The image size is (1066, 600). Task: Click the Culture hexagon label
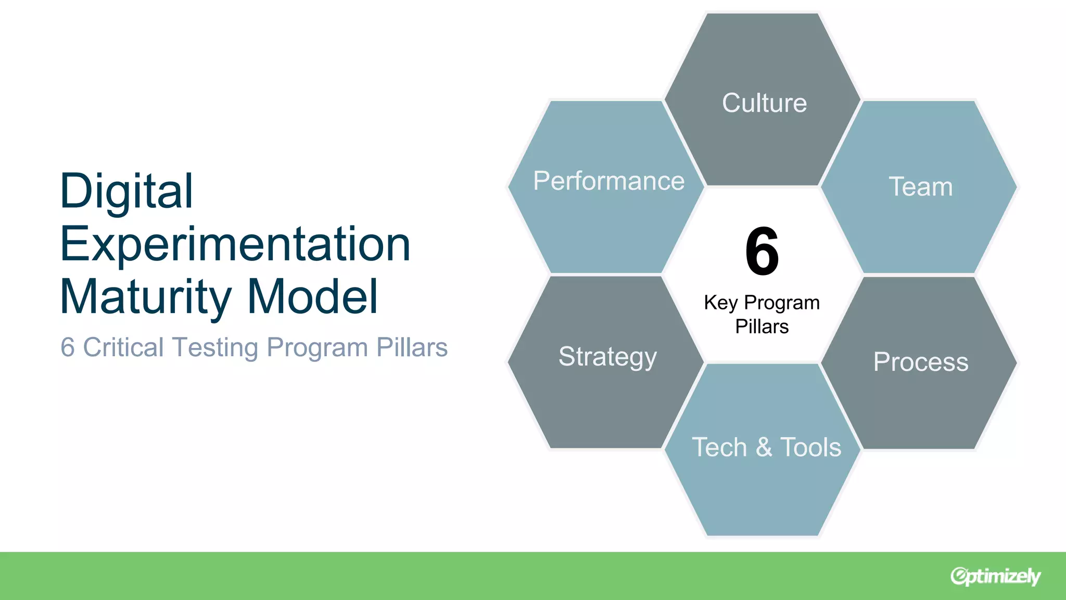click(764, 103)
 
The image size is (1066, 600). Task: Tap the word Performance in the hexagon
click(608, 181)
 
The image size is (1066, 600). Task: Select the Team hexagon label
click(920, 186)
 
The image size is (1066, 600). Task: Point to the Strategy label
click(607, 357)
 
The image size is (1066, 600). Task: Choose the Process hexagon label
click(920, 361)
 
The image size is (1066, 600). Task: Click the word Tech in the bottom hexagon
click(719, 447)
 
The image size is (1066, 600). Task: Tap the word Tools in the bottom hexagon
click(810, 447)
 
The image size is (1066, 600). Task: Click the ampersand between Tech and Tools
click(764, 447)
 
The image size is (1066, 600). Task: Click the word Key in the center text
click(720, 303)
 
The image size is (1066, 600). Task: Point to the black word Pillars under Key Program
click(762, 327)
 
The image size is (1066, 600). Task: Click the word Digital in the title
click(126, 191)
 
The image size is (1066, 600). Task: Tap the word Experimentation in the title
click(235, 245)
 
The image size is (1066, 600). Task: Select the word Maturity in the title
click(146, 297)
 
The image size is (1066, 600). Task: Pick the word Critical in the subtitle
click(123, 347)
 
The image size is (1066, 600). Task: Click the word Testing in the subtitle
click(215, 348)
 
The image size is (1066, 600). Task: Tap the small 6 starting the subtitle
click(67, 347)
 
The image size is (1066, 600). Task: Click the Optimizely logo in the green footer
click(995, 576)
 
